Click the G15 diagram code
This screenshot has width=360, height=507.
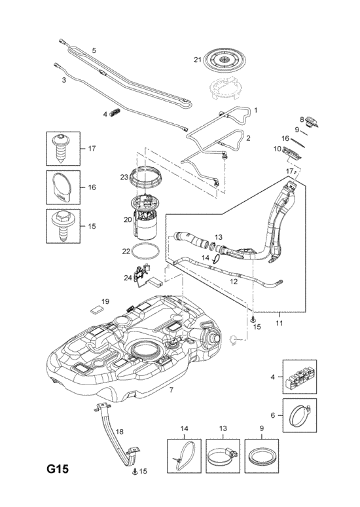click(x=57, y=469)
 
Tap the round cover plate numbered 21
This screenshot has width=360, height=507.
click(x=225, y=60)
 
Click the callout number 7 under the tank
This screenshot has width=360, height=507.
click(x=171, y=390)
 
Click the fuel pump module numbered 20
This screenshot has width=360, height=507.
click(x=146, y=217)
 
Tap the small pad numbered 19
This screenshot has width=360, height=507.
click(x=96, y=310)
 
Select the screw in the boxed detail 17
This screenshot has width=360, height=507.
click(x=62, y=148)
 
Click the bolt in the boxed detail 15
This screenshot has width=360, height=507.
click(x=62, y=225)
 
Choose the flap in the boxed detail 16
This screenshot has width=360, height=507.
click(x=62, y=188)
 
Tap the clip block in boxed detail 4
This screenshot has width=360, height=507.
click(x=300, y=377)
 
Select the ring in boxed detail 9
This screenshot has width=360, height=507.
click(x=261, y=456)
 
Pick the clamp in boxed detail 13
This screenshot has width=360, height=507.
click(x=223, y=457)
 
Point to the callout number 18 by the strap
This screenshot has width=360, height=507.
click(x=119, y=432)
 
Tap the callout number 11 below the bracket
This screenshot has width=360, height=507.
click(x=279, y=323)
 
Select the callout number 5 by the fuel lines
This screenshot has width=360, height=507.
click(x=94, y=50)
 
